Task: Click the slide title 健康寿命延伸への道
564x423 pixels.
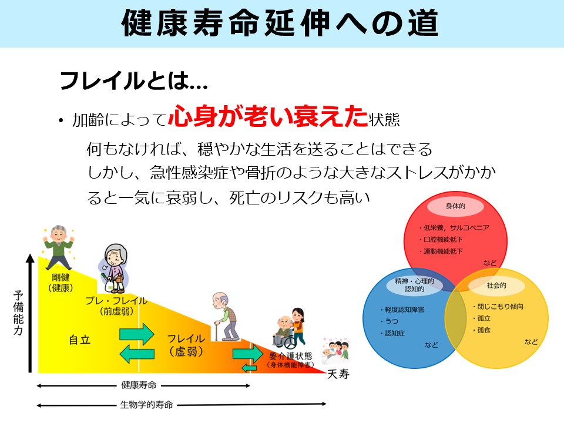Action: click(280, 23)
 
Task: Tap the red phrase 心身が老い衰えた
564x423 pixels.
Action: click(268, 116)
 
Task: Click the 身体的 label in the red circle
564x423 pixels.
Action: click(455, 206)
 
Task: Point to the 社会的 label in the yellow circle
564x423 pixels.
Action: click(496, 286)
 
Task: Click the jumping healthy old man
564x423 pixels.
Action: click(58, 247)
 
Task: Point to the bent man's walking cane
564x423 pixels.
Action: click(216, 330)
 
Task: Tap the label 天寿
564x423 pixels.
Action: click(338, 374)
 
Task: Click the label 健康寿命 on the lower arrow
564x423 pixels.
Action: click(139, 385)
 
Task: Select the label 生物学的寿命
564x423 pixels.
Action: click(146, 405)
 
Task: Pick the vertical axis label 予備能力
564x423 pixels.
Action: click(18, 313)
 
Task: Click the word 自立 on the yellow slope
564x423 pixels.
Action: click(79, 340)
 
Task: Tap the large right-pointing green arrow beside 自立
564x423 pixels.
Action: click(137, 334)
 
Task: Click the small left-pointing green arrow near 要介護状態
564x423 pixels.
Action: click(249, 368)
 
